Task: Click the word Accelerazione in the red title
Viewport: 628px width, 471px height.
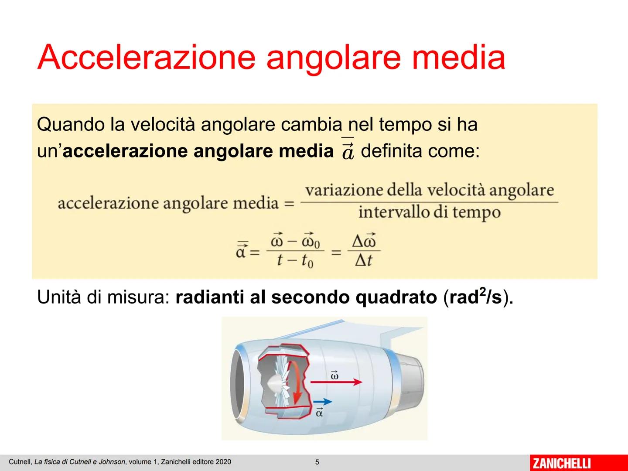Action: (x=146, y=57)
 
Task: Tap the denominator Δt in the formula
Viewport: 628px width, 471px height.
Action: (x=363, y=260)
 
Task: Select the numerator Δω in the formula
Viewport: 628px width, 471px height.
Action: (x=364, y=241)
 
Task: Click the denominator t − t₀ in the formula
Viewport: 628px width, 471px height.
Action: (x=295, y=260)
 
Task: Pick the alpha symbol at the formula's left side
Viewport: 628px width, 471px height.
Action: (x=242, y=251)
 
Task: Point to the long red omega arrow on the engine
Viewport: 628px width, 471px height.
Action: (x=336, y=382)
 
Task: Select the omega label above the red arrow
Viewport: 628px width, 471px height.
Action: (x=334, y=375)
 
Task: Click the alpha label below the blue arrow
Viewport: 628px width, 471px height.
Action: (x=319, y=413)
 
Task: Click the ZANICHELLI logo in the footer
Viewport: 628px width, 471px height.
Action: (x=562, y=463)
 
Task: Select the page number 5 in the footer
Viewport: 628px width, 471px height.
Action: (x=317, y=462)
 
